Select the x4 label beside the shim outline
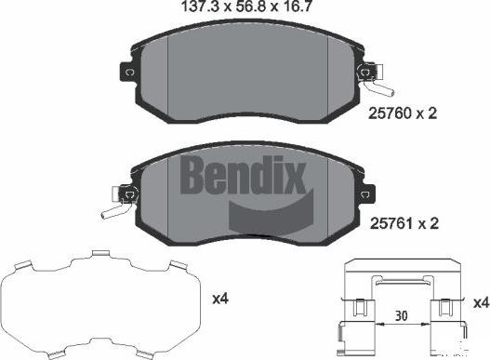coord(220,300)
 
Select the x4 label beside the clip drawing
coord(480,304)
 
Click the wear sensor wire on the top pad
coord(381,88)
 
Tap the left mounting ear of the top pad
coord(125,73)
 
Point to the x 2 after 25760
coord(427,113)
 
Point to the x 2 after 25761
coord(427,223)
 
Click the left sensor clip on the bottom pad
coord(127,193)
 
